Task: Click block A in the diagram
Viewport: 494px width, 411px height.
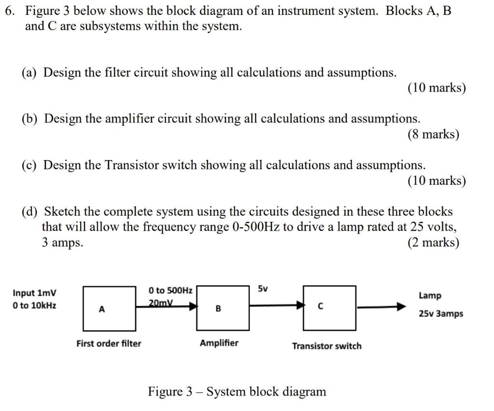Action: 109,308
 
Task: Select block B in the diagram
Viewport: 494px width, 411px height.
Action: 223,308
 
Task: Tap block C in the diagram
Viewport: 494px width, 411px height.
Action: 329,306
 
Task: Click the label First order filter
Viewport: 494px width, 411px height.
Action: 109,343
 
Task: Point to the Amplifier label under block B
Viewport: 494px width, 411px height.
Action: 219,343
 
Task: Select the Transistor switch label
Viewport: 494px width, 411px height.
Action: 326,346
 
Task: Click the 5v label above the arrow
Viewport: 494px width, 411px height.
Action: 262,289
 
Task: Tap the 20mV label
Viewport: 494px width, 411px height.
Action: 161,302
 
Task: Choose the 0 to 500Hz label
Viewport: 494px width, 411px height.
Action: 170,290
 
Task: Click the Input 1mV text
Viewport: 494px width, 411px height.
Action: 34,293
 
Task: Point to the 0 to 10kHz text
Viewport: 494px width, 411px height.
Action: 34,305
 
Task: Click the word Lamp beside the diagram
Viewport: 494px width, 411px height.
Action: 430,295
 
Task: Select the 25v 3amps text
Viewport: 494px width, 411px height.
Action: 440,314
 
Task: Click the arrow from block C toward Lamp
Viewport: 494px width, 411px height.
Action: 381,306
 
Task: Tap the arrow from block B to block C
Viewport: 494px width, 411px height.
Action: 277,305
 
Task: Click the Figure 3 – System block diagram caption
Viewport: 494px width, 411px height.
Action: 237,391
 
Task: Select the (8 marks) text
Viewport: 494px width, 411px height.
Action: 433,134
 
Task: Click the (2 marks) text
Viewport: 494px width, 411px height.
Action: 433,242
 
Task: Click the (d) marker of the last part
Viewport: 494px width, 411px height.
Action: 30,212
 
